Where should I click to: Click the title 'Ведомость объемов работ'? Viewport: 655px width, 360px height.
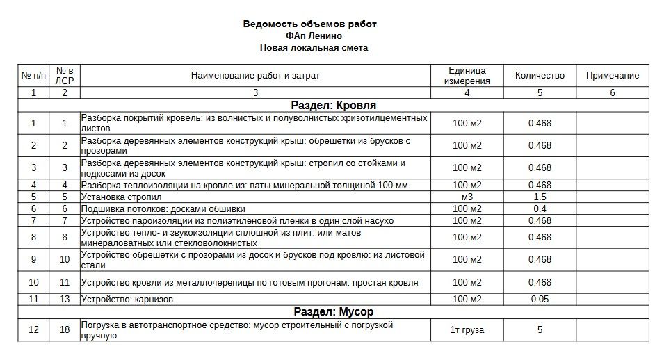point(309,24)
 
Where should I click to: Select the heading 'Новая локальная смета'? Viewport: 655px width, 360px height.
point(314,48)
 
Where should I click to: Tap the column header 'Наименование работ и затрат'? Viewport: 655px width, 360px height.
point(255,76)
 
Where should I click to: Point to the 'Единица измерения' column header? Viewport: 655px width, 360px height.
point(467,76)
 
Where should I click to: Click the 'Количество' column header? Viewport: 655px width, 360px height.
point(540,76)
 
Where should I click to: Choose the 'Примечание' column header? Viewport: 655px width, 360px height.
point(612,76)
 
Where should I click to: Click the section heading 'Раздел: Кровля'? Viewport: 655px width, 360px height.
point(333,106)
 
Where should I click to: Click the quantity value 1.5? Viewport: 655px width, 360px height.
point(540,197)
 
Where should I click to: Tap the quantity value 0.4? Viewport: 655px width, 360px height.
point(540,208)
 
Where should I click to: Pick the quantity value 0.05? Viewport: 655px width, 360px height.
point(540,300)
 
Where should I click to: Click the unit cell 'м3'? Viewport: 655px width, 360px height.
point(467,197)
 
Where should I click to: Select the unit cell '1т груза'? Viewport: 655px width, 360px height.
point(467,330)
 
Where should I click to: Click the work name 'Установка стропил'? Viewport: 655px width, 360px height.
point(118,197)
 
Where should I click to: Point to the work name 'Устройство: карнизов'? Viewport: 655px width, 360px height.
point(127,300)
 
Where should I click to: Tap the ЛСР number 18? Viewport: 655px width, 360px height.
point(65,330)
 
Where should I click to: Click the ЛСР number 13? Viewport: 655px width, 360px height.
point(65,300)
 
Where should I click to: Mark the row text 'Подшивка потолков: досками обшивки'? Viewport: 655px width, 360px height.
point(163,208)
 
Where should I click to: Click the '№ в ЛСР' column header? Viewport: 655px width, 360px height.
point(65,76)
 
